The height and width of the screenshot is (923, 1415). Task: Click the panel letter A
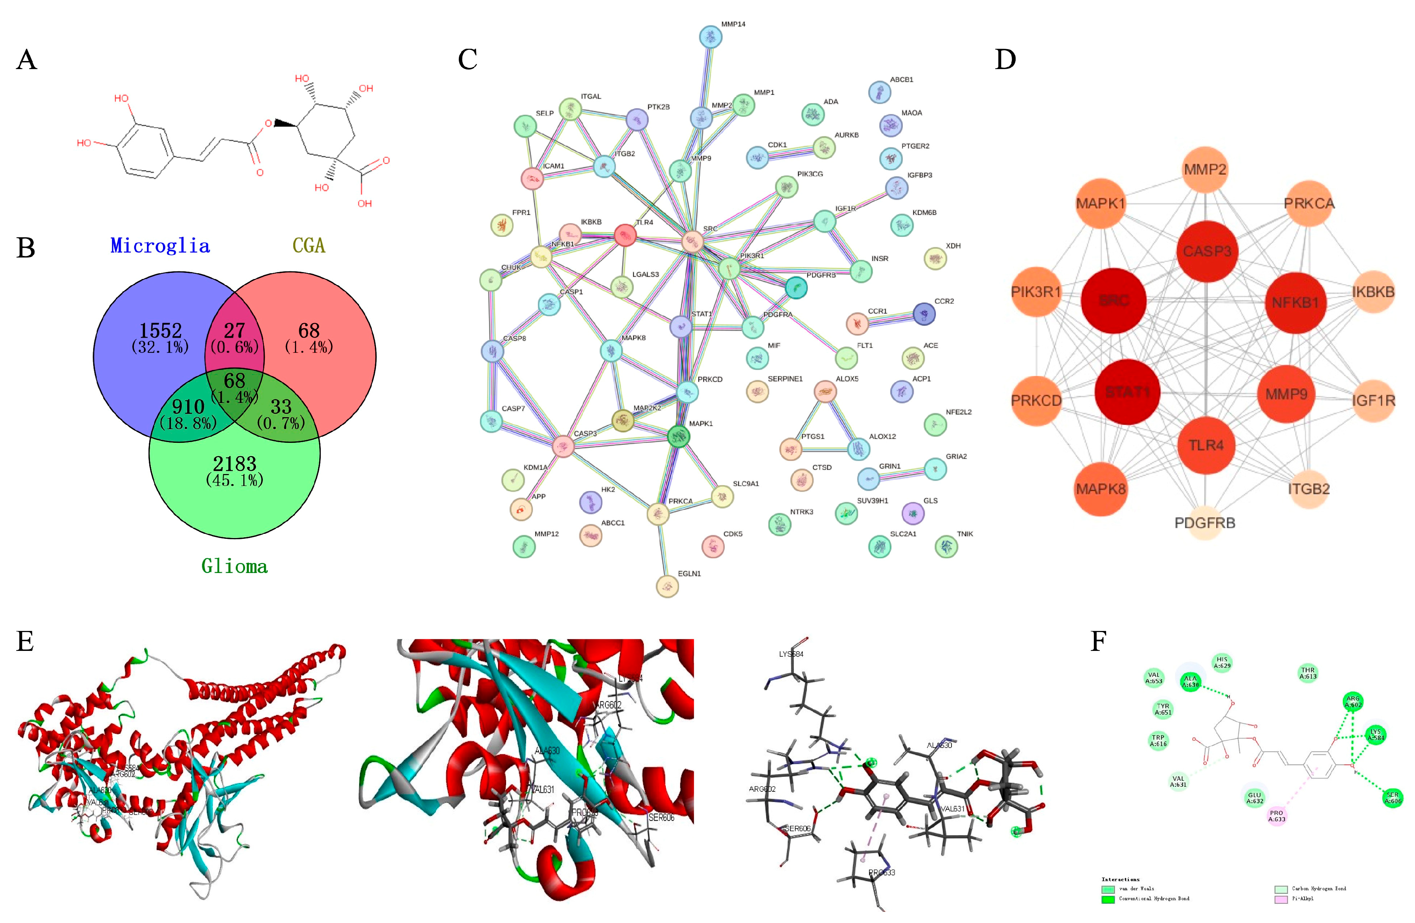(x=27, y=60)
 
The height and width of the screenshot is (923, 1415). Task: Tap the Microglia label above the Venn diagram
(x=160, y=246)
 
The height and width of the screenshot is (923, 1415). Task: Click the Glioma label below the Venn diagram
(x=234, y=566)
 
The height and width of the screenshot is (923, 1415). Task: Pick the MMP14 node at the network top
(x=711, y=37)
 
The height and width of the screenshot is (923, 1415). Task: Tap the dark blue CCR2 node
(x=923, y=314)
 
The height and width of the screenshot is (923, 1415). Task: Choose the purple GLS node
(x=913, y=513)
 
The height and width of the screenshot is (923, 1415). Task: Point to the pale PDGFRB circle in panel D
(x=1205, y=523)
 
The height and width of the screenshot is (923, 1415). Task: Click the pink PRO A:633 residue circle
(x=1276, y=816)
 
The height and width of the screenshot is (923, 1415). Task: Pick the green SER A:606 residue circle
(x=1392, y=798)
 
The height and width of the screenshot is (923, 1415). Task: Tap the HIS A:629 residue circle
(x=1222, y=662)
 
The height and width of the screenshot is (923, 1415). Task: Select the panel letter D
(x=1005, y=60)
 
